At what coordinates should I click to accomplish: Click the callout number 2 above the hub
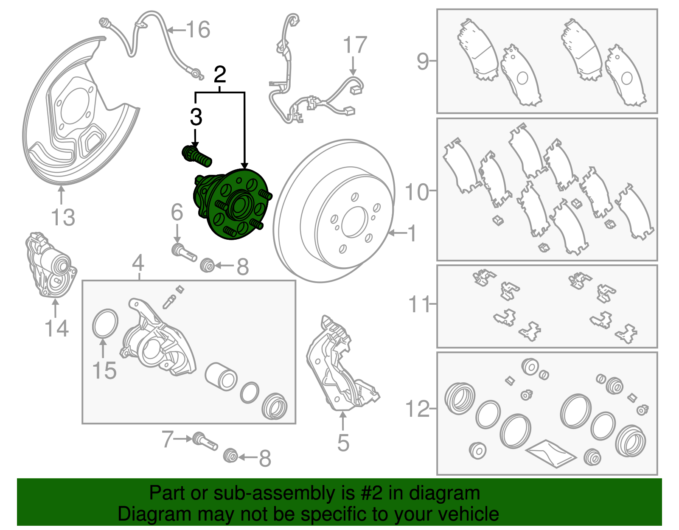coord(220,75)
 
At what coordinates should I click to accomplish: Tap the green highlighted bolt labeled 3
coord(196,156)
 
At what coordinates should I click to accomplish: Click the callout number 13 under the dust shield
coord(63,217)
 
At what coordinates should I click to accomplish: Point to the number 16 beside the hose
coord(198,30)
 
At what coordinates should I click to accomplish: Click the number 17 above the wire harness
coord(355,45)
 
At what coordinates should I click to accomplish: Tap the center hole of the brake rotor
coord(354,222)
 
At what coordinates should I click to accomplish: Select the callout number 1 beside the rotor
coord(411,233)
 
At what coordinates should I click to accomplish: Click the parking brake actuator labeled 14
coord(50,264)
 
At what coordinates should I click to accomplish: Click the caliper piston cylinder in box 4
coord(221,376)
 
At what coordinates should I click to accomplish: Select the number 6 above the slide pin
coord(177,212)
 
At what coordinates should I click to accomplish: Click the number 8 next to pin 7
coord(265,458)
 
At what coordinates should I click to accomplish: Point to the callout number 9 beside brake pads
coord(423,62)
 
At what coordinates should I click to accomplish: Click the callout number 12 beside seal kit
coord(418,409)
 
